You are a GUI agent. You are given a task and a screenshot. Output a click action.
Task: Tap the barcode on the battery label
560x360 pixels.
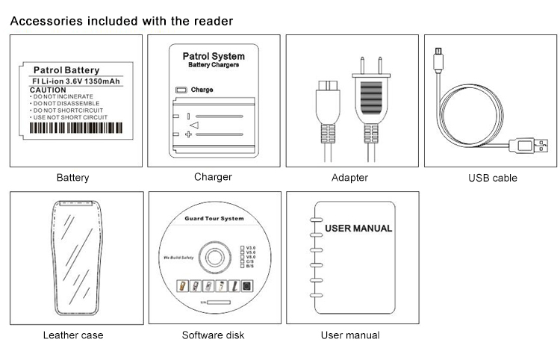coord(74,128)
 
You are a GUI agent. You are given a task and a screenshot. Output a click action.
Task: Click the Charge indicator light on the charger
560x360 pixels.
coord(180,90)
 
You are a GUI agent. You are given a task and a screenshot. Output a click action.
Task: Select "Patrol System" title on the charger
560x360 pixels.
coord(214,56)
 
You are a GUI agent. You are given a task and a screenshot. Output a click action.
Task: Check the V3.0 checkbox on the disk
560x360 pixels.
coord(241,246)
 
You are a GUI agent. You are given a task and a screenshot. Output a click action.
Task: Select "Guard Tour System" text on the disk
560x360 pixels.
coord(214,219)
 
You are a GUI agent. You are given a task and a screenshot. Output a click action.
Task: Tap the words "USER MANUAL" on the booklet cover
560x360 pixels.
coord(359,228)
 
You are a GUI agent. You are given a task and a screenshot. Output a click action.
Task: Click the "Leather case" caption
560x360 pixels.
coord(73,335)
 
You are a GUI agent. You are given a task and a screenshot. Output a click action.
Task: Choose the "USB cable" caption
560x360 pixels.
coord(492,178)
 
